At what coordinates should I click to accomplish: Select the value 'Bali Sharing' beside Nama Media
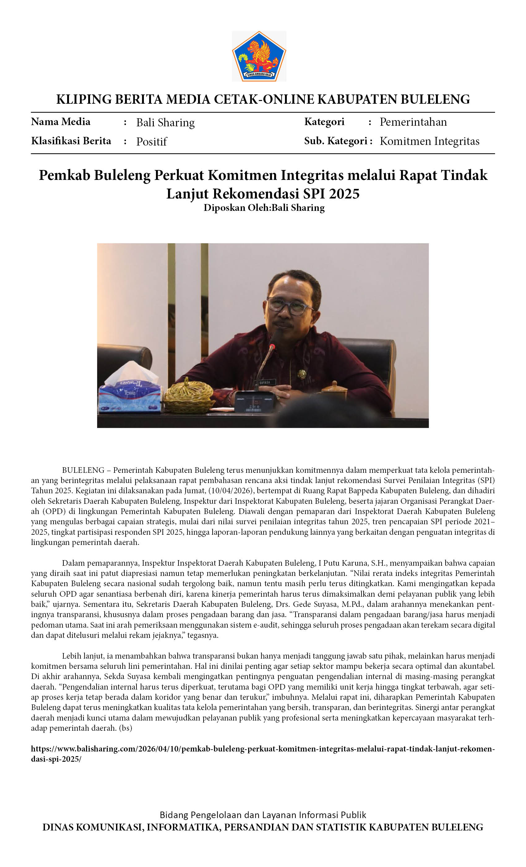click(165, 122)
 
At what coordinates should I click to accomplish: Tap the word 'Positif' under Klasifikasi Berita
click(152, 142)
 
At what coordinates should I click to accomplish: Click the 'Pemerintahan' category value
click(413, 122)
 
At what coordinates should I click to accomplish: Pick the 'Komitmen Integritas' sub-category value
click(429, 141)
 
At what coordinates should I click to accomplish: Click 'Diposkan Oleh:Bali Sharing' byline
click(264, 207)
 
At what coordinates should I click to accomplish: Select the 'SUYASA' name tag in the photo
click(265, 382)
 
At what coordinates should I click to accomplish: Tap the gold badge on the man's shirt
click(302, 374)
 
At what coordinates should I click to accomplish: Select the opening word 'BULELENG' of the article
click(83, 470)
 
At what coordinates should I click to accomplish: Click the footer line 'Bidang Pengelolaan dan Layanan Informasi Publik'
click(263, 815)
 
